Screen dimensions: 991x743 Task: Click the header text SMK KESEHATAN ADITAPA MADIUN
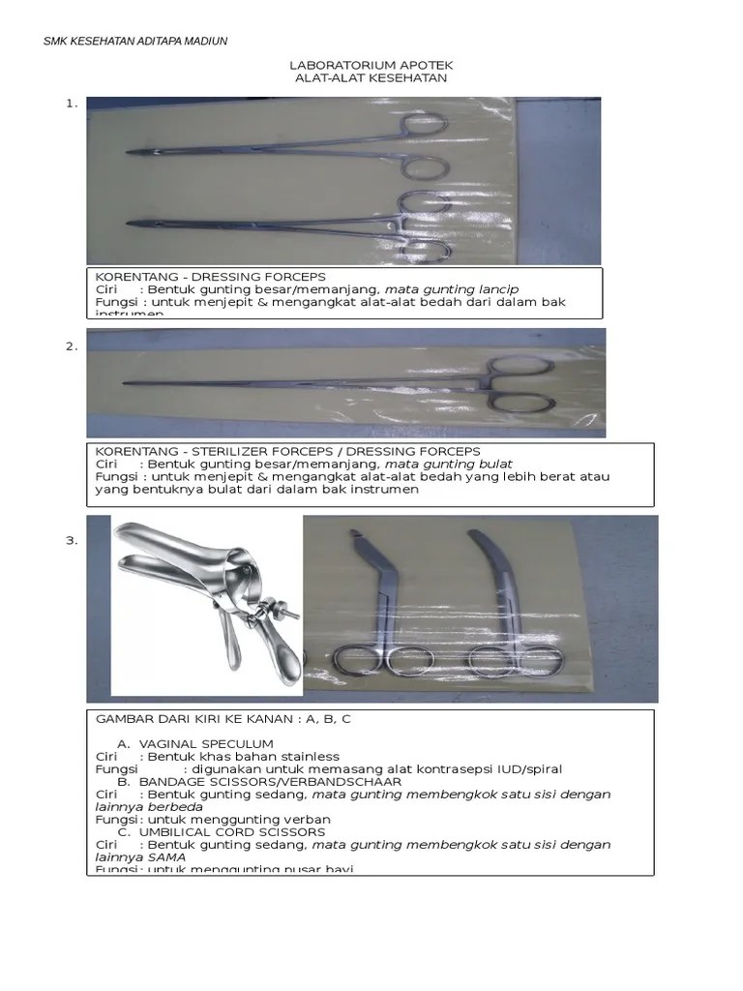click(x=136, y=41)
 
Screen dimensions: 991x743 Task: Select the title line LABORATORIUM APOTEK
click(x=371, y=65)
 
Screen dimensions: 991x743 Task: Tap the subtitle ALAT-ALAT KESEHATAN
click(x=371, y=78)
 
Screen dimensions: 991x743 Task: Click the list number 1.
click(x=71, y=105)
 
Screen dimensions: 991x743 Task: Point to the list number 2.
click(x=71, y=346)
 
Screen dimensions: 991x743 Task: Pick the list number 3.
click(x=71, y=540)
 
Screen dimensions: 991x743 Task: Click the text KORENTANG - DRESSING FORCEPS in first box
click(x=210, y=277)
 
